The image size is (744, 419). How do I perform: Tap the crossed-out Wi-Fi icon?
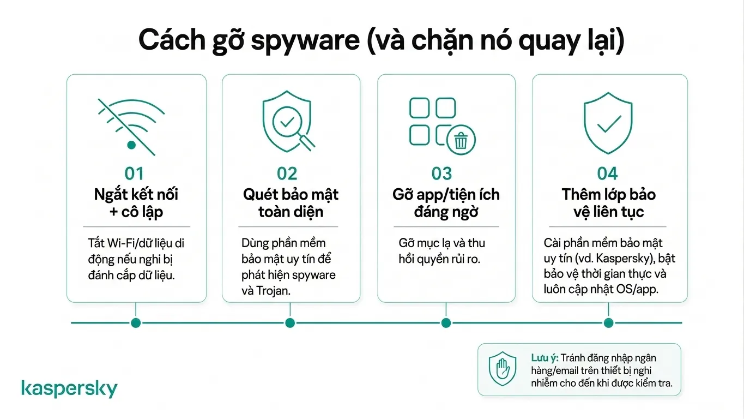tap(131, 127)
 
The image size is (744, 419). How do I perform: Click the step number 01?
tap(134, 173)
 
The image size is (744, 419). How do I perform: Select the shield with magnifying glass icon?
tap(288, 121)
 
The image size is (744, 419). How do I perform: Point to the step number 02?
tap(287, 173)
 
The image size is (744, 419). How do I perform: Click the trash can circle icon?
tap(461, 140)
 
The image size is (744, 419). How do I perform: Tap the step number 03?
tap(441, 173)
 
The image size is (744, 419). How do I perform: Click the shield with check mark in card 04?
tap(608, 123)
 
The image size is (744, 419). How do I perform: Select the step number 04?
tap(607, 173)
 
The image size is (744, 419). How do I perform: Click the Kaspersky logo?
tap(69, 388)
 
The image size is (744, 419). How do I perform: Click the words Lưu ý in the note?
tap(545, 358)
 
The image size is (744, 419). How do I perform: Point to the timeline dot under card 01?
tap(136, 322)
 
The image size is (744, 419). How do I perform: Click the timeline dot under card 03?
tap(446, 322)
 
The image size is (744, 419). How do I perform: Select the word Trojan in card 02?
tap(273, 291)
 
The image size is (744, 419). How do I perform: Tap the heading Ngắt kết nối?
tap(136, 195)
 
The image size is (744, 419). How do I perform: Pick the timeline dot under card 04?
tap(608, 322)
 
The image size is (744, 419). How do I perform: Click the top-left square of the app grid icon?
tap(420, 107)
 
